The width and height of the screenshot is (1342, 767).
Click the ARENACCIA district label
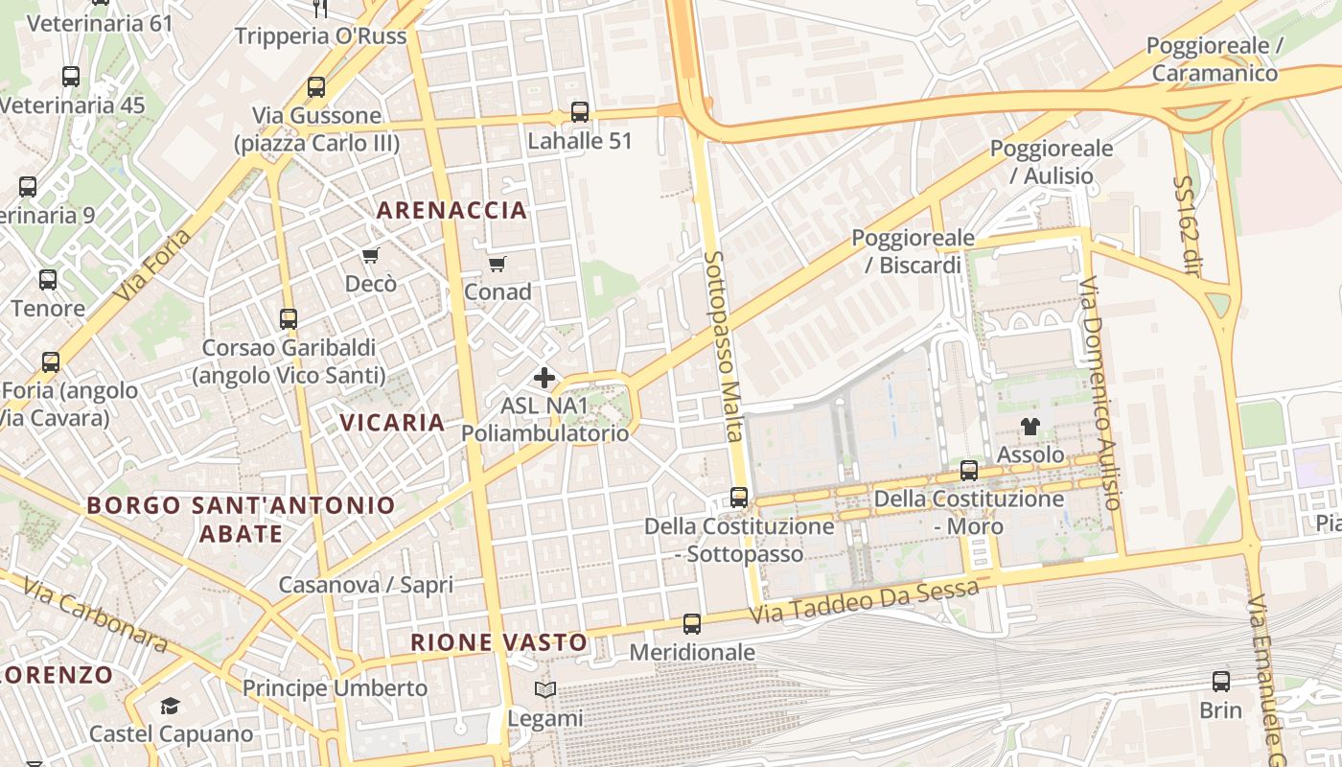(x=451, y=210)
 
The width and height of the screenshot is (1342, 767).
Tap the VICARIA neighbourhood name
(x=392, y=422)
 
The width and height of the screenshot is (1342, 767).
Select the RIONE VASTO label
(x=498, y=642)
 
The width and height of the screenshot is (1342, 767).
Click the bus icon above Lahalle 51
(x=580, y=112)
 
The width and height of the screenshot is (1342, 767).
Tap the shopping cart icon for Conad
(x=497, y=264)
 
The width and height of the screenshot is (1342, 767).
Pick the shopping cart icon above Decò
(x=370, y=255)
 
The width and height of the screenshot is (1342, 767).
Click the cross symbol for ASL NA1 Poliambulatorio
(x=544, y=378)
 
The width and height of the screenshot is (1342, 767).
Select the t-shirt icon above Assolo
(x=1030, y=427)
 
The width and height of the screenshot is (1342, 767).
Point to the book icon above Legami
(x=544, y=689)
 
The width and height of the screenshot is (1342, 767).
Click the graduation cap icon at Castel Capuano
(x=170, y=707)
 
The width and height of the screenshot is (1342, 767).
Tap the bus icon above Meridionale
(x=692, y=624)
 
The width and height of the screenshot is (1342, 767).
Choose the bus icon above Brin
(x=1220, y=682)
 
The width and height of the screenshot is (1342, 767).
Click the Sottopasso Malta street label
(x=724, y=345)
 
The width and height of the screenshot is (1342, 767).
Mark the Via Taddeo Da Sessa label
(x=864, y=600)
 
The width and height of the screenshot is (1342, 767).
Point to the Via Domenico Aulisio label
(x=1099, y=393)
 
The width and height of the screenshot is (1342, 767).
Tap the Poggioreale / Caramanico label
(x=1215, y=59)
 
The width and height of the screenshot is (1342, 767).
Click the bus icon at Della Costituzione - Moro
(x=969, y=471)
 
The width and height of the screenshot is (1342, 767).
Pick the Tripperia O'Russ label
(x=321, y=36)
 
